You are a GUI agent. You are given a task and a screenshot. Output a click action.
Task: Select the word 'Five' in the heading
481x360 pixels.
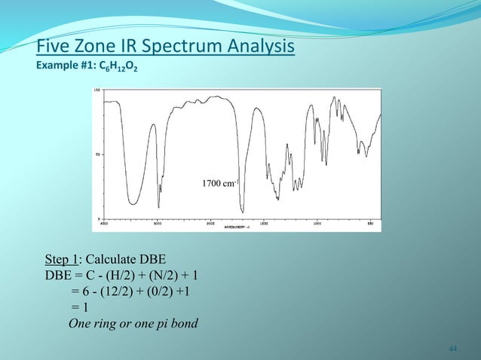click(52, 47)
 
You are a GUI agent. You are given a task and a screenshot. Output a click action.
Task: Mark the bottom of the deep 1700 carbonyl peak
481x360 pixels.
click(242, 211)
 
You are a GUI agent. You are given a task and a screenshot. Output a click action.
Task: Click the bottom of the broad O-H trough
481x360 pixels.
click(133, 202)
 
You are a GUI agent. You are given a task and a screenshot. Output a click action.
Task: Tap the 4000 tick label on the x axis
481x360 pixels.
click(104, 223)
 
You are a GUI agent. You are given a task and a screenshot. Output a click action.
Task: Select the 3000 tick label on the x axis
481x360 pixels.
click(158, 223)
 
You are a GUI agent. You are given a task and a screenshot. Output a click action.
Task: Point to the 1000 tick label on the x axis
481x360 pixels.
click(317, 223)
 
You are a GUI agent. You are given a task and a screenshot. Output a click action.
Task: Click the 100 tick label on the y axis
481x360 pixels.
click(96, 90)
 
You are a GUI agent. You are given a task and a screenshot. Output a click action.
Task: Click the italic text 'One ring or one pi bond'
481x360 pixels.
click(133, 325)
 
